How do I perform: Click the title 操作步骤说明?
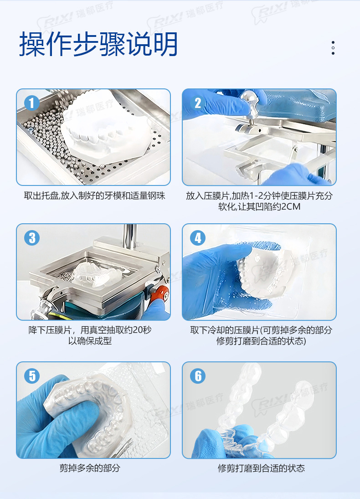point(98,44)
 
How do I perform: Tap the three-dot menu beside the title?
point(333,48)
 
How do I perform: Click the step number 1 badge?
point(32,103)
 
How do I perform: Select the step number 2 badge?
point(198,103)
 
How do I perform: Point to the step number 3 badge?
point(32,238)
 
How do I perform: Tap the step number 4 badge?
point(198,238)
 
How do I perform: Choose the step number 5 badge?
point(32,376)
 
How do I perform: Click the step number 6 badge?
point(198,376)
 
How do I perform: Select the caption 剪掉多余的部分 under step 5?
point(90,468)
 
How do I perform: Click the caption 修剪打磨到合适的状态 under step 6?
point(261,468)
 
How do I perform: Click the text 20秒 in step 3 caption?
point(142,329)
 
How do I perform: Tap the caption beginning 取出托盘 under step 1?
point(94,195)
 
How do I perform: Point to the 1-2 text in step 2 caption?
point(256,195)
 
